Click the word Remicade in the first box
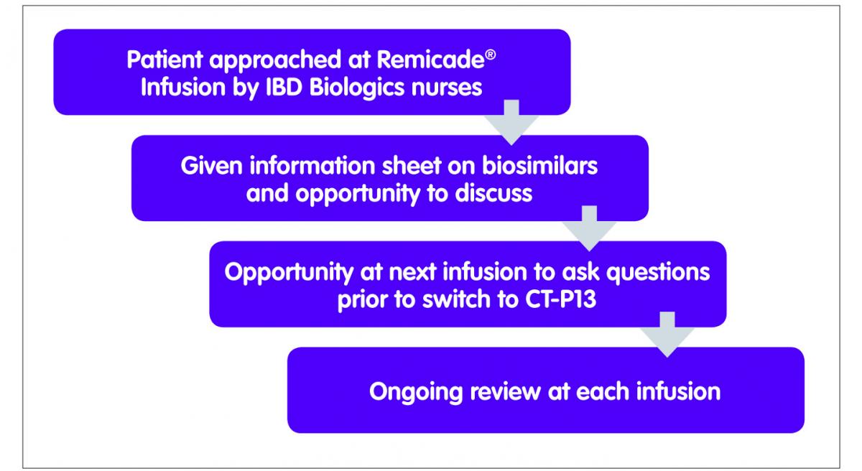[x=430, y=60]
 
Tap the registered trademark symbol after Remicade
[x=490, y=55]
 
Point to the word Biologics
[x=357, y=88]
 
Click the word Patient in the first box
[x=164, y=60]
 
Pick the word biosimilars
[x=540, y=166]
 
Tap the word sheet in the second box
[x=412, y=166]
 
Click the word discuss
[x=493, y=193]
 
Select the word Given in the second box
[x=212, y=166]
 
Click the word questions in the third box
[x=658, y=273]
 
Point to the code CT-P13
[x=561, y=299]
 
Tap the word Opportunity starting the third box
[x=289, y=273]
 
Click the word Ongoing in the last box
[x=416, y=393]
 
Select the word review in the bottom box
[x=505, y=392]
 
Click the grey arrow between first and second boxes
[x=511, y=123]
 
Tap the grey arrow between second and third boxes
[x=589, y=229]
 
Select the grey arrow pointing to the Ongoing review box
[x=667, y=335]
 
